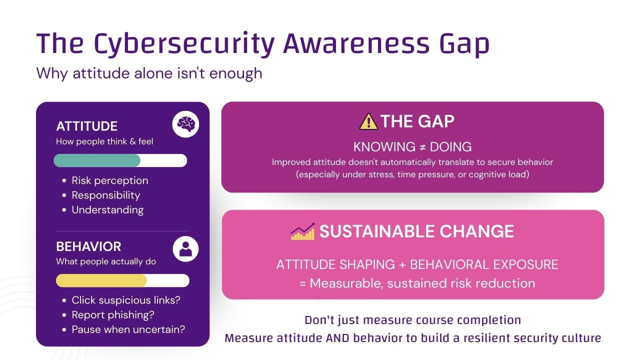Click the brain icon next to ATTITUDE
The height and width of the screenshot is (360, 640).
tap(185, 124)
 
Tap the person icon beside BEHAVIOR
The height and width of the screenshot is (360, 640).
tap(185, 248)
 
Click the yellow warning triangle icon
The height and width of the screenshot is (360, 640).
tap(368, 121)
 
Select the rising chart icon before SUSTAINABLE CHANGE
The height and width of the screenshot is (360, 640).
tap(303, 231)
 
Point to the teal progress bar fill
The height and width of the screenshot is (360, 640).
tap(97, 160)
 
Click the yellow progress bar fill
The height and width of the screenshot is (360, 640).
tap(101, 280)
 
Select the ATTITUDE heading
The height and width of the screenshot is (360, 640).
tap(87, 126)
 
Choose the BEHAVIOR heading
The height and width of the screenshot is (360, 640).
tap(88, 246)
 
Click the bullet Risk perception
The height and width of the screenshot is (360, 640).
tap(110, 180)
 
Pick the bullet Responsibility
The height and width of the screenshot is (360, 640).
tap(106, 195)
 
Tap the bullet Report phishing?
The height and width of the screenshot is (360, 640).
tap(113, 315)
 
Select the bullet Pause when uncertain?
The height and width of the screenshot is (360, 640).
tap(128, 329)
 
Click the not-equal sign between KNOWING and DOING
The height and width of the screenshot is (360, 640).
tap(422, 147)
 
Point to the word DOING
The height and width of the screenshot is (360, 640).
tap(450, 147)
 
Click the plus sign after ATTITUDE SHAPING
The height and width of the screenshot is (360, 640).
tap(401, 264)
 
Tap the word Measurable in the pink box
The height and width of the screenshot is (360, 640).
tap(346, 283)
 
